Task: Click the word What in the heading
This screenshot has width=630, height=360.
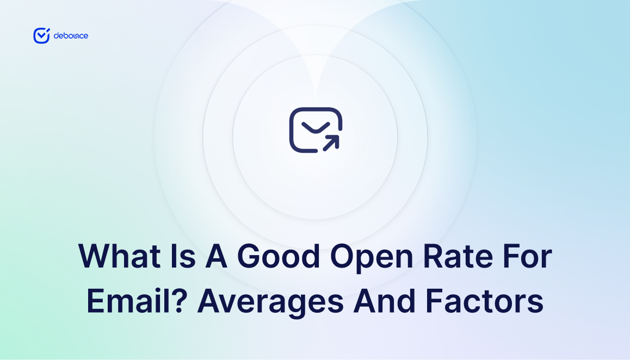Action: [116, 257]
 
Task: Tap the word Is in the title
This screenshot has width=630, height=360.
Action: [173, 257]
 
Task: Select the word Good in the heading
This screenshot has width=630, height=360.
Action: [279, 257]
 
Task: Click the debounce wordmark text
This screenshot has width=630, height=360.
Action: [71, 36]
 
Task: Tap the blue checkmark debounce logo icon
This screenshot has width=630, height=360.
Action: [41, 35]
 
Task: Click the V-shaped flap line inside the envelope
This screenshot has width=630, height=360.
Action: [315, 127]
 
